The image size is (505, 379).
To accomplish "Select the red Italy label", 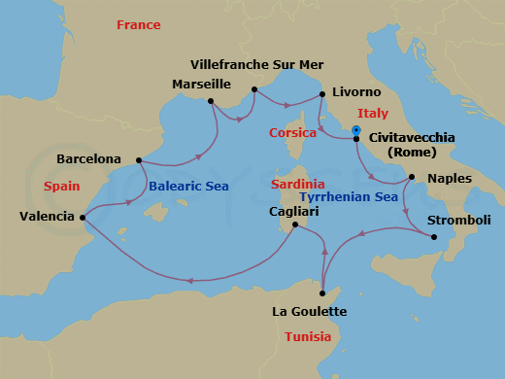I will pyautogui.click(x=373, y=114).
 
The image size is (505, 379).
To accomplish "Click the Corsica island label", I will pyautogui.click(x=293, y=132).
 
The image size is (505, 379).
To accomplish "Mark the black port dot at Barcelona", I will pyautogui.click(x=139, y=160).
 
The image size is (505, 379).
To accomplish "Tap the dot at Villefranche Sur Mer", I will pyautogui.click(x=254, y=90).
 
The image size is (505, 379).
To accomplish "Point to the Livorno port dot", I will pyautogui.click(x=321, y=94).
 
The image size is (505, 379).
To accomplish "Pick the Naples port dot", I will pyautogui.click(x=412, y=178).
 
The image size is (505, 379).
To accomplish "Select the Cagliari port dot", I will pyautogui.click(x=295, y=225).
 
